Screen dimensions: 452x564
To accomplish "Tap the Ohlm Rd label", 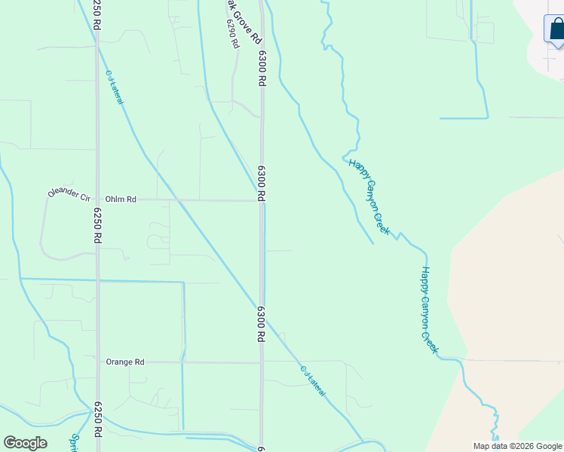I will pyautogui.click(x=121, y=200).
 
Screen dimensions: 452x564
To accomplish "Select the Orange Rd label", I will pyautogui.click(x=124, y=362).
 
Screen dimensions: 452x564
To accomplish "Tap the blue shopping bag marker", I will pyautogui.click(x=556, y=29).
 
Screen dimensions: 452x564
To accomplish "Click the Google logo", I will pyautogui.click(x=25, y=443).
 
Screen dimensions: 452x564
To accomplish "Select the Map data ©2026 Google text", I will pyautogui.click(x=517, y=446).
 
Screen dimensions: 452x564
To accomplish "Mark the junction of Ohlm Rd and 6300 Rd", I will pyautogui.click(x=262, y=200).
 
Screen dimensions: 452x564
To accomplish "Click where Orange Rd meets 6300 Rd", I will pyautogui.click(x=262, y=362).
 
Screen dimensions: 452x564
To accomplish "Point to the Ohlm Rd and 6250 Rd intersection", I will pyautogui.click(x=97, y=200).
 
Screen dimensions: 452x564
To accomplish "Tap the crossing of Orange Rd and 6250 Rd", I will pyautogui.click(x=97, y=362).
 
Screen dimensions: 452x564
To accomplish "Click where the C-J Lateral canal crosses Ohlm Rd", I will pyautogui.click(x=177, y=200).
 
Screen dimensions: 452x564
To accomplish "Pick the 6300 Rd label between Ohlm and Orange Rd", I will pyautogui.click(x=262, y=324).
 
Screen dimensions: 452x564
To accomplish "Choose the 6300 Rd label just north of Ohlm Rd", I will pyautogui.click(x=262, y=183).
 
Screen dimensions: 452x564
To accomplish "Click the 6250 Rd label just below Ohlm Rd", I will pyautogui.click(x=97, y=225).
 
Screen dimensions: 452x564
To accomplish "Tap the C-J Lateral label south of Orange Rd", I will pyautogui.click(x=313, y=381).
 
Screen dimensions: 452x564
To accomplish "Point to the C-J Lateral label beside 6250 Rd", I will pyautogui.click(x=115, y=87).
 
